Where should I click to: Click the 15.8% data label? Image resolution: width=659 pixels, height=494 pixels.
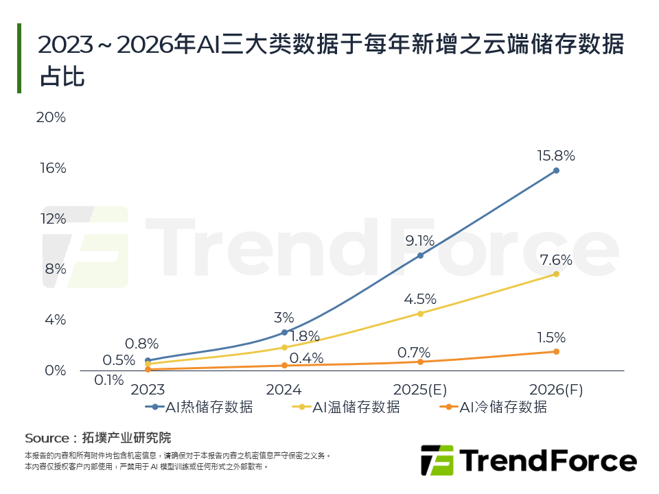[x=556, y=156]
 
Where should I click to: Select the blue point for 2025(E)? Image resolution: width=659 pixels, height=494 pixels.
[x=420, y=255]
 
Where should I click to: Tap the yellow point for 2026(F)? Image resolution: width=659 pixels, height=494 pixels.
[x=556, y=274]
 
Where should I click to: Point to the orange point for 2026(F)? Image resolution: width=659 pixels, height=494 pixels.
[x=556, y=351]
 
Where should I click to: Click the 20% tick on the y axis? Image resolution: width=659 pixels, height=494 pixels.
[x=51, y=117]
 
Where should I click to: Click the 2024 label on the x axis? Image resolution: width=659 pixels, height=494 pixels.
[x=284, y=390]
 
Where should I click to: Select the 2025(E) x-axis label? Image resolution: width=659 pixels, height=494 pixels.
[x=419, y=390]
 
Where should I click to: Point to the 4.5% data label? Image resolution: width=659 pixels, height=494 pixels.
[x=420, y=299]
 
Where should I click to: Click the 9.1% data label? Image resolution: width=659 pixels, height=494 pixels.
[x=420, y=241]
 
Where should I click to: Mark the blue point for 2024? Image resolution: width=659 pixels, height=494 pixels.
[x=284, y=332]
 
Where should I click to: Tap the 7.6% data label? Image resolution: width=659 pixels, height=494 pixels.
[x=556, y=260]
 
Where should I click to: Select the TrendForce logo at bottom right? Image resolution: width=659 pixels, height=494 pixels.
[x=528, y=460]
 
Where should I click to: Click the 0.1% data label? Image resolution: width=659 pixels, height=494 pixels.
[x=108, y=379]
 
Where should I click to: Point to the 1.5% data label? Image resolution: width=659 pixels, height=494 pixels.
[x=551, y=338]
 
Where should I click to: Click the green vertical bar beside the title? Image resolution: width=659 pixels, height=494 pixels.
[x=19, y=58]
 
